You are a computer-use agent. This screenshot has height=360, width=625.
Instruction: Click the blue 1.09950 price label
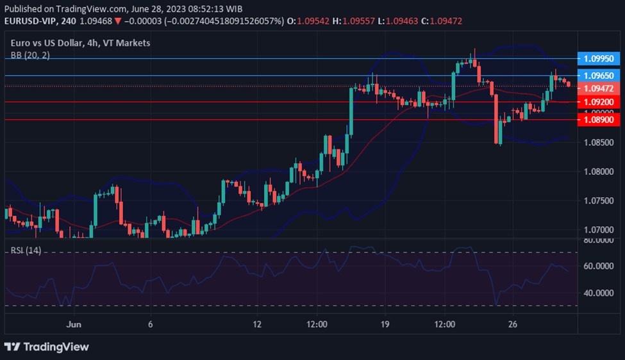pyautogui.click(x=599, y=58)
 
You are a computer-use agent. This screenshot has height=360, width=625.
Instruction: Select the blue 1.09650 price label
pyautogui.click(x=599, y=76)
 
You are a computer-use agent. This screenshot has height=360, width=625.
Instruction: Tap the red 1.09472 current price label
pyautogui.click(x=599, y=88)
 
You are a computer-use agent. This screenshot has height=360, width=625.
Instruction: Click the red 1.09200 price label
pyautogui.click(x=599, y=102)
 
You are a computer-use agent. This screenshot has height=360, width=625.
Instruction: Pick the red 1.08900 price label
pyautogui.click(x=599, y=120)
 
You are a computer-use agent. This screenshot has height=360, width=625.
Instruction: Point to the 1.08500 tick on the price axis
pyautogui.click(x=599, y=142)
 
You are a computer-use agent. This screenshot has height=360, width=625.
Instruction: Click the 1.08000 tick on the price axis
pyautogui.click(x=599, y=172)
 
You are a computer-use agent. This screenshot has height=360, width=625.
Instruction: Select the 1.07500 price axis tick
pyautogui.click(x=599, y=200)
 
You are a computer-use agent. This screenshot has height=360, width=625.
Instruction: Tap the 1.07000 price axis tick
pyautogui.click(x=599, y=229)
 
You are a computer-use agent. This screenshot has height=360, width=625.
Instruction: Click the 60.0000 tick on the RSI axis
pyautogui.click(x=599, y=266)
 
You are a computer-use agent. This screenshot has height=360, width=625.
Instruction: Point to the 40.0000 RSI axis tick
pyautogui.click(x=599, y=293)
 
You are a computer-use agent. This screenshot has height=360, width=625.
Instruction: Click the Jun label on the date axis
pyautogui.click(x=75, y=324)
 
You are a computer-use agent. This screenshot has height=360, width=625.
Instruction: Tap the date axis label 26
pyautogui.click(x=512, y=324)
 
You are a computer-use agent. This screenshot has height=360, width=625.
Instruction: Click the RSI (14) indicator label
pyautogui.click(x=26, y=250)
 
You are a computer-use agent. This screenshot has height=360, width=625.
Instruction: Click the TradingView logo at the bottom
pyautogui.click(x=47, y=347)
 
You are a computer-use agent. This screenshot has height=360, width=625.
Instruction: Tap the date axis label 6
pyautogui.click(x=151, y=324)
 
